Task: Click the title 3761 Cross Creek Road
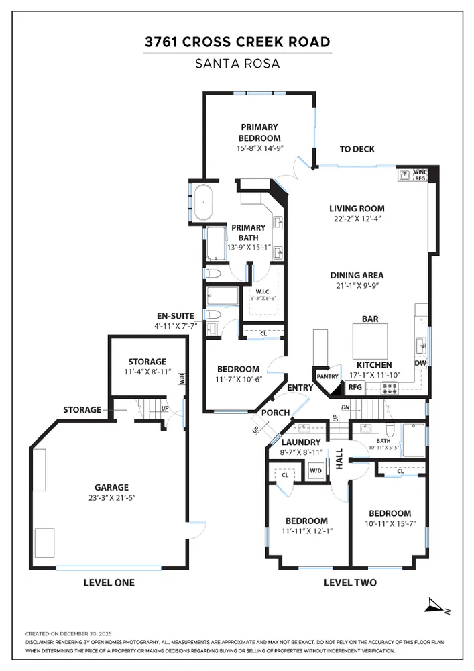(x=238, y=43)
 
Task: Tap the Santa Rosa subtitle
(x=238, y=65)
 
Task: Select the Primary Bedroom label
(x=259, y=132)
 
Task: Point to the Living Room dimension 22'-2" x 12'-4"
(x=357, y=219)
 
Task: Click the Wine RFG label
(x=420, y=175)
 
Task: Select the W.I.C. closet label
(x=262, y=292)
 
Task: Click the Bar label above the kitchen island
(x=371, y=319)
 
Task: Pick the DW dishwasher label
(x=420, y=364)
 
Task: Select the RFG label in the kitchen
(x=355, y=387)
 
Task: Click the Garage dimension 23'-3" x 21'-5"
(x=111, y=498)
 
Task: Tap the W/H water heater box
(x=182, y=379)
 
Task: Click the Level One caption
(x=109, y=582)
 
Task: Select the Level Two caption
(x=350, y=582)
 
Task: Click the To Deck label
(x=357, y=149)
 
